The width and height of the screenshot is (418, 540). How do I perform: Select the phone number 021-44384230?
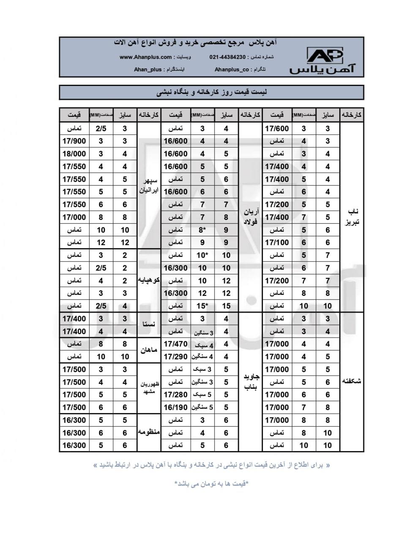tap(227, 57)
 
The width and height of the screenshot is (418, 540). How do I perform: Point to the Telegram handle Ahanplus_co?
tap(232, 69)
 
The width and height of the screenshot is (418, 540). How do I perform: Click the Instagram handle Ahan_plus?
tap(148, 69)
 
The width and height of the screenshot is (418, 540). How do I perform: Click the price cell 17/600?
tap(277, 129)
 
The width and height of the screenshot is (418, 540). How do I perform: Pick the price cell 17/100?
tap(277, 243)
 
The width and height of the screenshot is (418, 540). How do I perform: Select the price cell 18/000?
tap(74, 154)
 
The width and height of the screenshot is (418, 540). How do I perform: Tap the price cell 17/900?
tap(74, 141)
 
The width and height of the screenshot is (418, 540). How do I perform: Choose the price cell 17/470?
tap(175, 344)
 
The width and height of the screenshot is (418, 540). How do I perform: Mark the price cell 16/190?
tap(175, 408)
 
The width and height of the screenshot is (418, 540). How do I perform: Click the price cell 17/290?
tap(175, 357)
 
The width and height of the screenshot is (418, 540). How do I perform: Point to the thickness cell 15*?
tap(202, 306)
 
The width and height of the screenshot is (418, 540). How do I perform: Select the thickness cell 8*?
tap(202, 230)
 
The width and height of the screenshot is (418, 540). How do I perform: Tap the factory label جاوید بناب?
tap(251, 381)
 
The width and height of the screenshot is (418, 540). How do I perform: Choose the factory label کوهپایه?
tap(149, 281)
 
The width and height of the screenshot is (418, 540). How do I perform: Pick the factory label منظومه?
tap(149, 432)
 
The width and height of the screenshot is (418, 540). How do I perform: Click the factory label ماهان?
tap(149, 350)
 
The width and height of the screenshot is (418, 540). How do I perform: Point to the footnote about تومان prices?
tap(211, 483)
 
